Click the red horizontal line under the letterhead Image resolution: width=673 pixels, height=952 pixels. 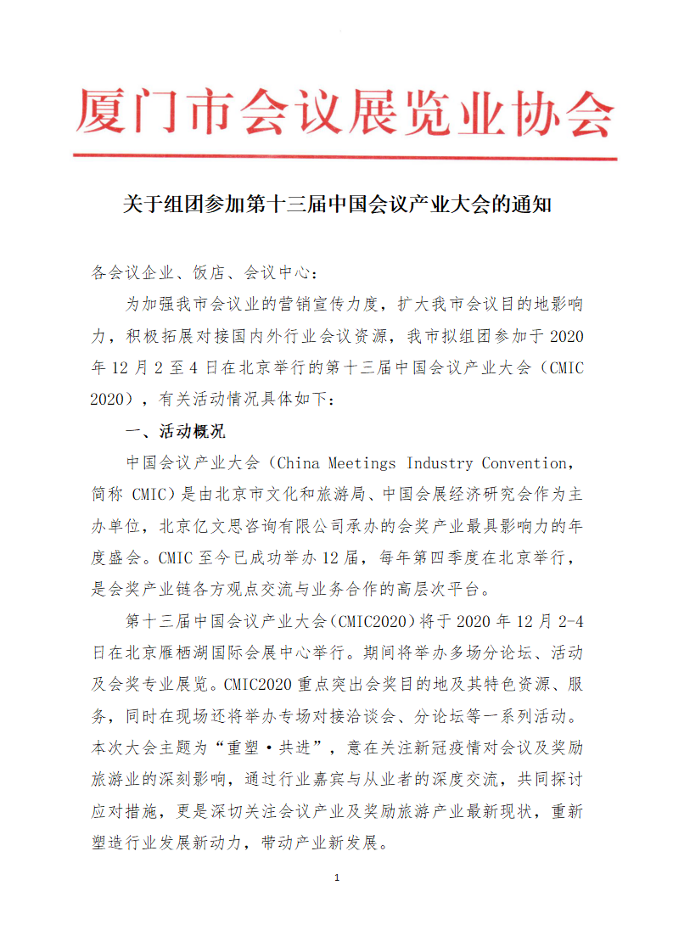point(344,156)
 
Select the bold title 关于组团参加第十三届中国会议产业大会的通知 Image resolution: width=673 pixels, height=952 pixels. point(337,206)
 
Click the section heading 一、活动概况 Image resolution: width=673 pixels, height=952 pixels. point(175,431)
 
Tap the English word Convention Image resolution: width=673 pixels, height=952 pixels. point(524,463)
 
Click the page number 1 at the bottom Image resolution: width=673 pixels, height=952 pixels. point(337,877)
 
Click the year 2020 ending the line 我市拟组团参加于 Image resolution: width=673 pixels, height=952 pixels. point(566,336)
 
